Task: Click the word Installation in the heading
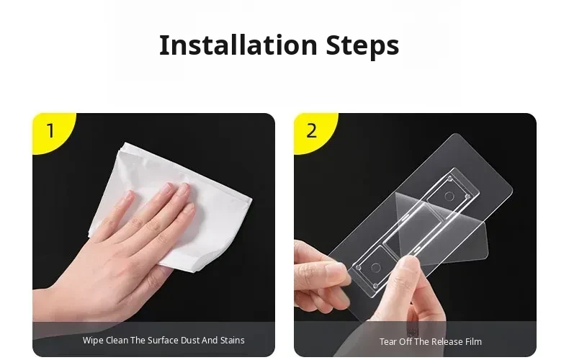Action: point(238,45)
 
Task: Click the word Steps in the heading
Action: point(362,46)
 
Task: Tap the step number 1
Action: point(50,130)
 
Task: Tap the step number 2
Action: point(311,130)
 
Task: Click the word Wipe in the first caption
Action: point(93,341)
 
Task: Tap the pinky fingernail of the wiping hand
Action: point(128,197)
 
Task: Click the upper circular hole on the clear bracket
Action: point(449,197)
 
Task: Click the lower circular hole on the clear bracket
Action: point(375,268)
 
